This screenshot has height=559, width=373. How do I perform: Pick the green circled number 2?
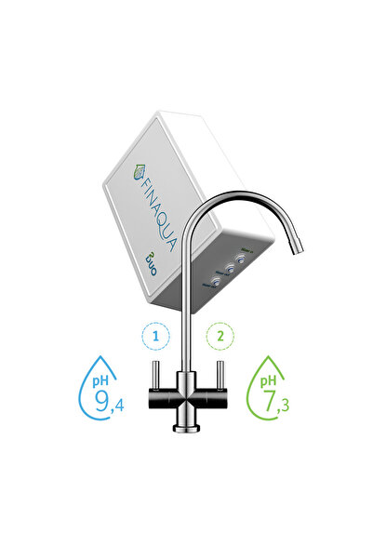click(x=220, y=335)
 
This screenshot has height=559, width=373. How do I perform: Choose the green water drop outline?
click(x=275, y=392)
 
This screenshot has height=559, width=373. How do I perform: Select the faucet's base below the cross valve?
click(x=184, y=423)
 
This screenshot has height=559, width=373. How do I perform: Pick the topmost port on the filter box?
click(x=240, y=260)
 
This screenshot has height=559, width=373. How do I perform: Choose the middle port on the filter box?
click(x=226, y=270)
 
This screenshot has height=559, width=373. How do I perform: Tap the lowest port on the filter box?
click(x=213, y=278)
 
